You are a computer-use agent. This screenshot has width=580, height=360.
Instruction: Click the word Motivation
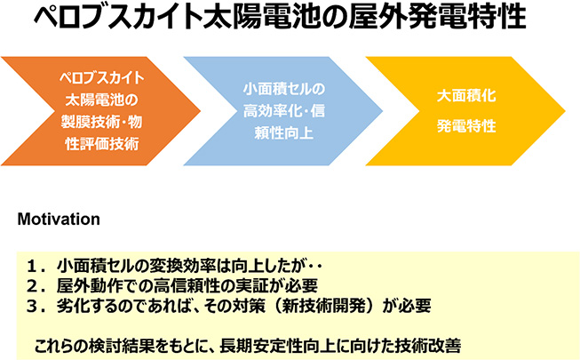(59, 220)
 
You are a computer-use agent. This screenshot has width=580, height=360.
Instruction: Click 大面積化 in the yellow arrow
(466, 96)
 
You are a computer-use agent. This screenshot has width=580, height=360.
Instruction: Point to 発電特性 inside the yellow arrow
(466, 126)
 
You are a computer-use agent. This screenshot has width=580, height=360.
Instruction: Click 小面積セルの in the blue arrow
(284, 89)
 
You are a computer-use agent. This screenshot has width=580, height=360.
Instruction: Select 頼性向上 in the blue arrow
(284, 133)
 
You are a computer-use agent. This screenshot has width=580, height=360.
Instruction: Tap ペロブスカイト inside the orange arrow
(102, 78)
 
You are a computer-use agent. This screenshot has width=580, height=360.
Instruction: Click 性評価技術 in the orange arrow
(102, 144)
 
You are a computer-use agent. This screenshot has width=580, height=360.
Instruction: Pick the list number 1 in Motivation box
(33, 266)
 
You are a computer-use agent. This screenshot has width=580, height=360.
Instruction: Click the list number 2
(33, 286)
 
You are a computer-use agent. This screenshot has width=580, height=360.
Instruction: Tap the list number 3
(33, 306)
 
